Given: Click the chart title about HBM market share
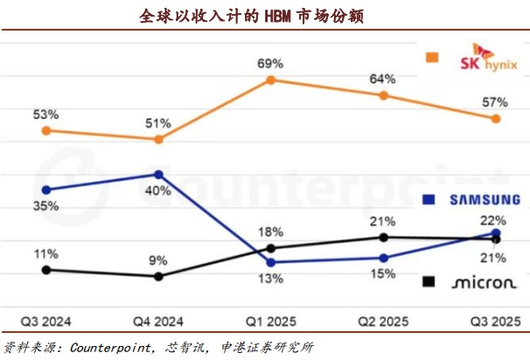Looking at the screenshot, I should pyautogui.click(x=265, y=16).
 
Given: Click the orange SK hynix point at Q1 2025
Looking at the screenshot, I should pyautogui.click(x=271, y=80).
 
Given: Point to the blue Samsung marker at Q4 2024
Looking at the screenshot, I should pyautogui.click(x=157, y=174).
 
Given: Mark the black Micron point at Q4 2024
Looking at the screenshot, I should pyautogui.click(x=157, y=276).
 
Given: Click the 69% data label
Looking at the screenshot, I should pyautogui.click(x=269, y=63).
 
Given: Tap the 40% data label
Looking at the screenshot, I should pyautogui.click(x=157, y=191).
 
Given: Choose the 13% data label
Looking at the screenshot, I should pyautogui.click(x=270, y=279).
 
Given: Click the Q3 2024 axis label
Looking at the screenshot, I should pyautogui.click(x=45, y=319).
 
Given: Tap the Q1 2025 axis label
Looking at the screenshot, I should pyautogui.click(x=270, y=319).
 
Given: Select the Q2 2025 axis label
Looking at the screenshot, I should pyautogui.click(x=383, y=319).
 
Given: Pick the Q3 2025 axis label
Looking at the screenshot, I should pyautogui.click(x=495, y=319).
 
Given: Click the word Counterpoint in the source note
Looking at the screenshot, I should pyautogui.click(x=108, y=347).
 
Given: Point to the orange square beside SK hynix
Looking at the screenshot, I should pyautogui.click(x=430, y=58).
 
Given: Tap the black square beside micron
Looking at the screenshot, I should pyautogui.click(x=429, y=281).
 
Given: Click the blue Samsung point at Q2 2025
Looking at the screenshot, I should pyautogui.click(x=383, y=257).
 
